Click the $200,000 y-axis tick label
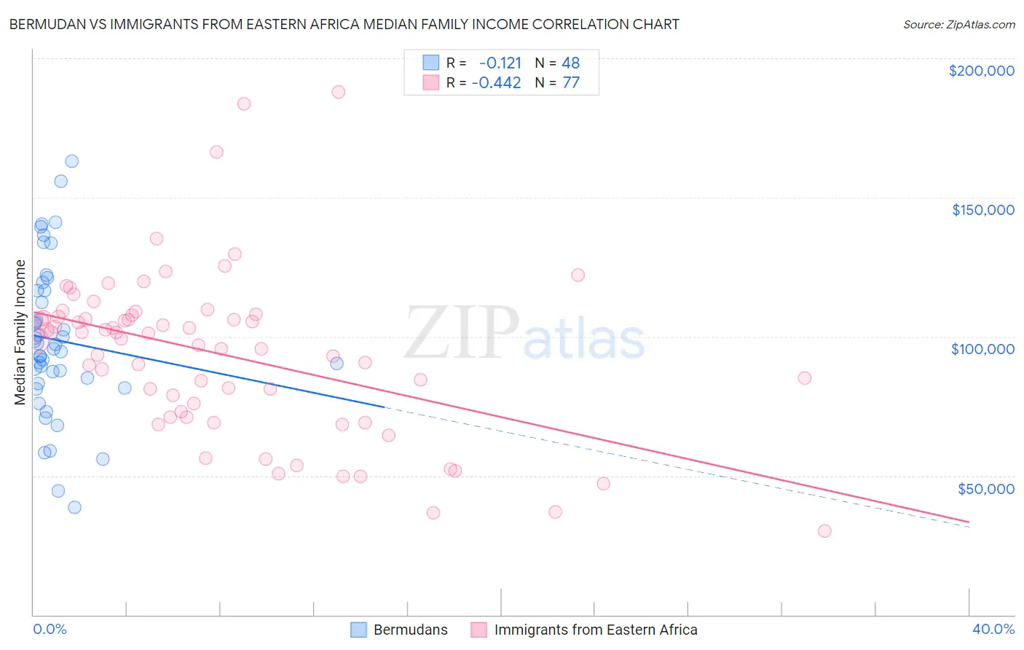click(x=981, y=71)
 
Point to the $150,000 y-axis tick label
click(x=982, y=210)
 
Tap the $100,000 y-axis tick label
click(x=982, y=349)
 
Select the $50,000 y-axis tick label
click(x=985, y=489)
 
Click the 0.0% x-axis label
click(x=50, y=630)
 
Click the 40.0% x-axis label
click(x=993, y=630)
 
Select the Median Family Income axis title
click(x=20, y=332)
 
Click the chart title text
click(x=344, y=25)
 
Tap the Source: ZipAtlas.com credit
click(x=958, y=25)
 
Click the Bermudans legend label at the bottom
click(x=410, y=630)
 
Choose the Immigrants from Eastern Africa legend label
click(x=595, y=630)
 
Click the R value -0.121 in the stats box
click(x=500, y=63)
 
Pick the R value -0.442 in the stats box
click(x=496, y=83)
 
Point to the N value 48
click(x=570, y=63)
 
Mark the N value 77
click(x=570, y=83)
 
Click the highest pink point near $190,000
click(x=338, y=92)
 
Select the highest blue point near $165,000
click(x=71, y=161)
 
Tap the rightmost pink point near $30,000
click(x=824, y=531)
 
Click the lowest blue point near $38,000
click(x=74, y=507)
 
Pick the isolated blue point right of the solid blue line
click(x=336, y=364)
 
